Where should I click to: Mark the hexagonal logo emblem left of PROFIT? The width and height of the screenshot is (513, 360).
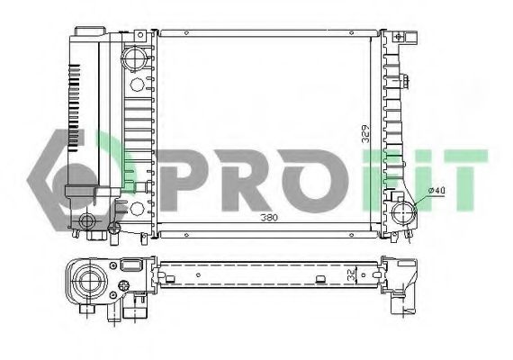(x=76, y=176)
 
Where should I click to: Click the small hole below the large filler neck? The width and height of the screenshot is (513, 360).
(x=135, y=86)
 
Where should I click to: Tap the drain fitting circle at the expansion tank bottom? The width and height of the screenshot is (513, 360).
(x=87, y=220)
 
